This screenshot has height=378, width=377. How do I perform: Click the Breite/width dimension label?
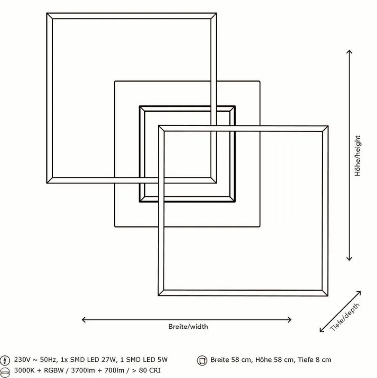click(x=188, y=326)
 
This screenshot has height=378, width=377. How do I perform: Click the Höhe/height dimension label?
click(x=357, y=155)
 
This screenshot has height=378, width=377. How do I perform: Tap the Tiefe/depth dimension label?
click(x=346, y=317)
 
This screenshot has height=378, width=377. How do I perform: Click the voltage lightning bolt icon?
click(x=5, y=360)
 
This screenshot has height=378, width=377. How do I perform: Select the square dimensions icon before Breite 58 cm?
click(x=202, y=361)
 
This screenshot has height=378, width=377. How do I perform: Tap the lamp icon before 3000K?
click(x=5, y=371)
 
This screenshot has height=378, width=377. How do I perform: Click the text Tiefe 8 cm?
click(x=314, y=360)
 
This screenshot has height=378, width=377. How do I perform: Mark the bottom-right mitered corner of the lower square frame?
click(x=325, y=293)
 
